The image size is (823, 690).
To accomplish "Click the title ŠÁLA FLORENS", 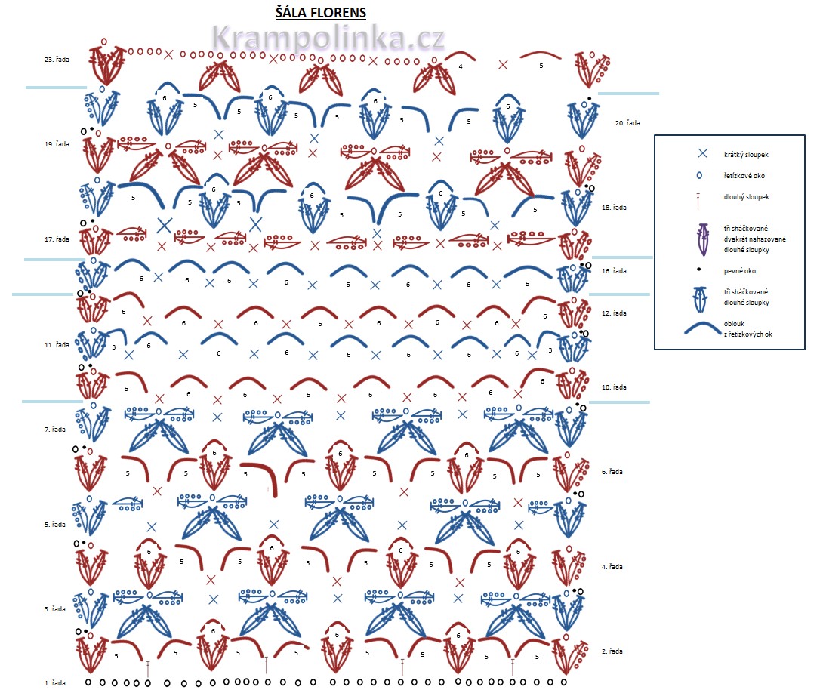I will [x=321, y=12].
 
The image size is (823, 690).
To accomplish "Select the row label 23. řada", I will [x=57, y=60].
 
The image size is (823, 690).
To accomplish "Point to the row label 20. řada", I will [x=627, y=122].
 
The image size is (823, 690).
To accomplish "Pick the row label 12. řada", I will [x=614, y=313].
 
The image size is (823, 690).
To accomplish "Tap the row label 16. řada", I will [x=614, y=270].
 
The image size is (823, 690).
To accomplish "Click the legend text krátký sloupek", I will [x=747, y=154].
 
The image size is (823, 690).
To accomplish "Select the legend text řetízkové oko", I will [x=747, y=175].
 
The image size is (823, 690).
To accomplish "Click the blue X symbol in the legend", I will [x=702, y=153].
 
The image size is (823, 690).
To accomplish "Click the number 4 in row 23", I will [x=461, y=66].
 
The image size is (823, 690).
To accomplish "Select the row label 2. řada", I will [x=612, y=651].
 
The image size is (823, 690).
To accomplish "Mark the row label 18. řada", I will [x=614, y=207].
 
